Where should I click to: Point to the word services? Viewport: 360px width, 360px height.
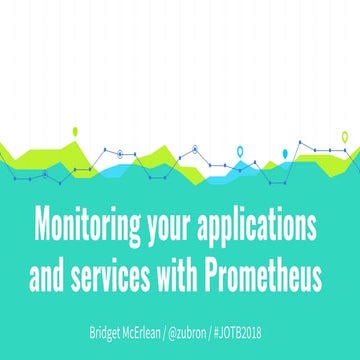coord(109,271)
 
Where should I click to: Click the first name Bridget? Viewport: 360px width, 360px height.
coord(104,328)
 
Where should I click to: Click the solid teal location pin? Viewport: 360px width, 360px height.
coord(286,153)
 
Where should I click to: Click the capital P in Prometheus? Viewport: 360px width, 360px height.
coord(209,271)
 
